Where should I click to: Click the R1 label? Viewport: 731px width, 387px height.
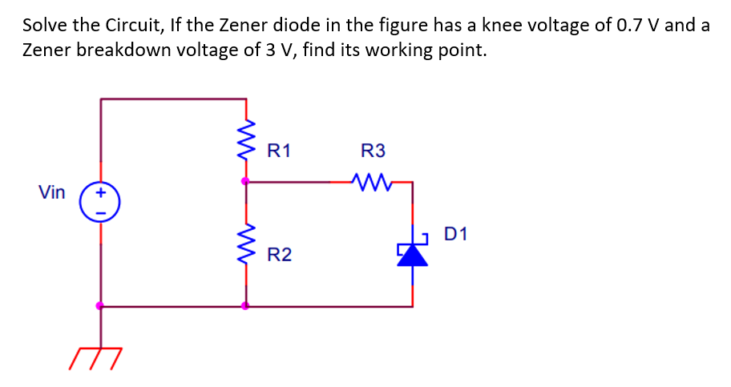(x=280, y=150)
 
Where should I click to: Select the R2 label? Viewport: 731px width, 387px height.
(x=280, y=256)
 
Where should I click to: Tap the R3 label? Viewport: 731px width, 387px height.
(x=373, y=150)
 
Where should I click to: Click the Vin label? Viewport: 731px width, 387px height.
(x=52, y=192)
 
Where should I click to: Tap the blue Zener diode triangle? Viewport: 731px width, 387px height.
(x=412, y=254)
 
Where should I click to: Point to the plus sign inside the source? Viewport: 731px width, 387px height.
(x=101, y=194)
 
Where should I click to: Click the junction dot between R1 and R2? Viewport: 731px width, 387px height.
(x=246, y=182)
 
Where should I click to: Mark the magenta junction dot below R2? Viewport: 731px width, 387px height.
(x=246, y=305)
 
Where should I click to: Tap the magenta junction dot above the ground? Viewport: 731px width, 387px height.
(x=99, y=305)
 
